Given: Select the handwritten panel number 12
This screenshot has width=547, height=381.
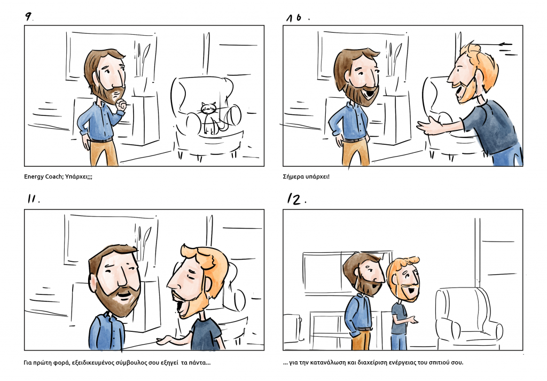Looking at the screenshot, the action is [295, 199].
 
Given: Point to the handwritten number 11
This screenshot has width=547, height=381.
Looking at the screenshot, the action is [33, 199].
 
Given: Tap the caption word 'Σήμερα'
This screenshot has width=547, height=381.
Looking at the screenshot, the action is [293, 176].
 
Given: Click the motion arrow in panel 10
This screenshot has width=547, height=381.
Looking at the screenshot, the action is [506, 44].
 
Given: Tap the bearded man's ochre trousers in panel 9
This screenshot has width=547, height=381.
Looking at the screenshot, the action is [104, 152].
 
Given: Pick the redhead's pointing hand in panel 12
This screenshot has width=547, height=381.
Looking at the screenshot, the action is [413, 320].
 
